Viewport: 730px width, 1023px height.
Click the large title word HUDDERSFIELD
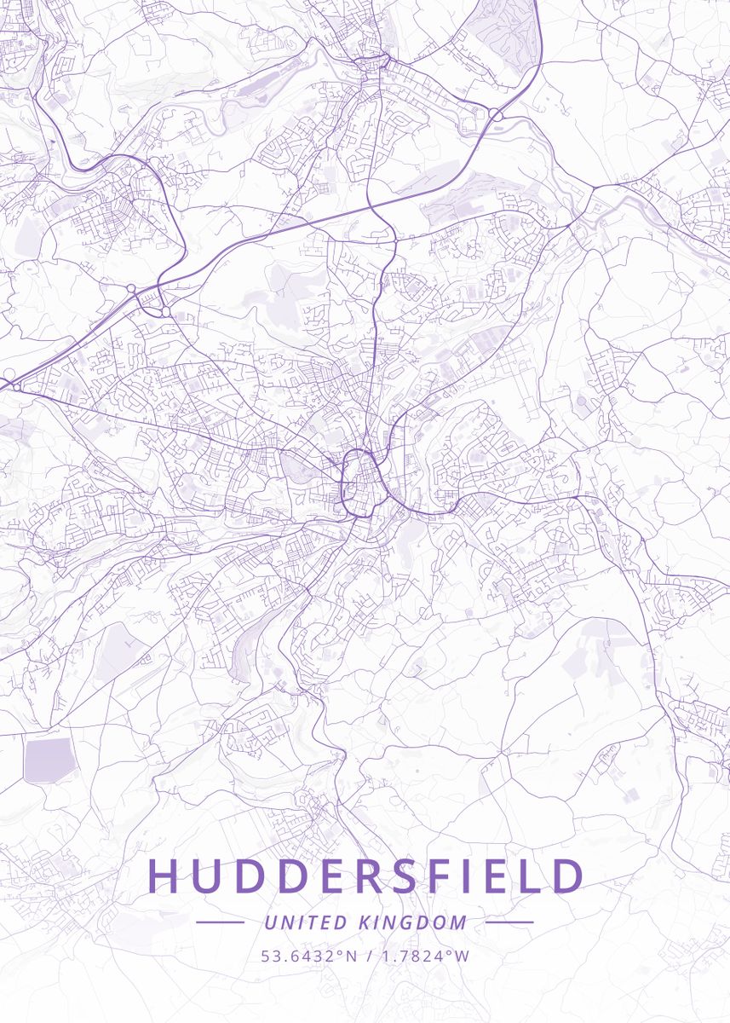pos(366,876)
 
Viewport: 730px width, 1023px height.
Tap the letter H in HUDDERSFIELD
pos(166,876)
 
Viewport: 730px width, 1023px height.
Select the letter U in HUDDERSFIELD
pos(210,876)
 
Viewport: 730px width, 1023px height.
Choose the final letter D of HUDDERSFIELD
pos(568,876)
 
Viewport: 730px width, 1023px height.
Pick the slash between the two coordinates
pos(365,956)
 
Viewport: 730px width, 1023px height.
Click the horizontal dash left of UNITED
pos(220,922)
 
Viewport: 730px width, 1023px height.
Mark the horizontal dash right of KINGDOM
pos(509,922)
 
